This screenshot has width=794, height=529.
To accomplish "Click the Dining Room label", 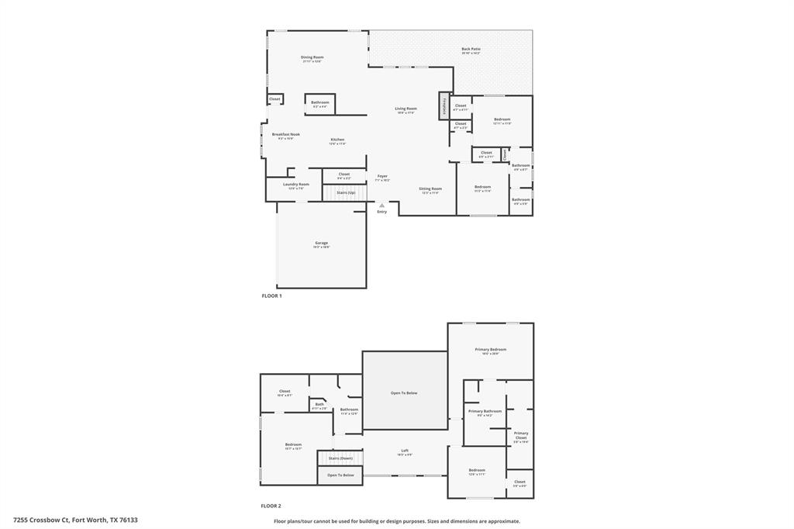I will click(312, 57).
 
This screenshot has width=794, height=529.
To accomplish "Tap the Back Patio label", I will click(471, 50).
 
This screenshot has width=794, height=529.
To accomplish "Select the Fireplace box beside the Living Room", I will click(444, 105).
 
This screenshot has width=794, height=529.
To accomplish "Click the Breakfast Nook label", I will click(285, 134).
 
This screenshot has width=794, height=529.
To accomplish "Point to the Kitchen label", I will click(337, 140).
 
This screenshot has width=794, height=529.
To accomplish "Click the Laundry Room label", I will click(296, 185).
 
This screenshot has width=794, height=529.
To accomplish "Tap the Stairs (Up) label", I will click(346, 192).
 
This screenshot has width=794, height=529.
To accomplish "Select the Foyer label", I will click(382, 177).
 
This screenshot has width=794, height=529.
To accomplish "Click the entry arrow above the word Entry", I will click(381, 206).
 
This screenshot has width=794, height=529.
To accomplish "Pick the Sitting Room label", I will click(430, 188).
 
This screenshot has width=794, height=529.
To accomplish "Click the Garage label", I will click(321, 244).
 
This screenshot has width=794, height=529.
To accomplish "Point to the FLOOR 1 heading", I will click(271, 296).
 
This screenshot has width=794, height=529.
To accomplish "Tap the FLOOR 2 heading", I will click(271, 505).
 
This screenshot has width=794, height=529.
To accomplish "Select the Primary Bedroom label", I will click(491, 350).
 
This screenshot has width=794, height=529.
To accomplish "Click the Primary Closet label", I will click(521, 436).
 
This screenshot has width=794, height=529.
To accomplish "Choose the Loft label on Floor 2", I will click(405, 451).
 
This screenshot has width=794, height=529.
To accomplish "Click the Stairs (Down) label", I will click(340, 458).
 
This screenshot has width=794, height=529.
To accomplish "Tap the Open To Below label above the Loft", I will click(404, 393).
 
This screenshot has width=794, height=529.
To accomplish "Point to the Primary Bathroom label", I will click(485, 411).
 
